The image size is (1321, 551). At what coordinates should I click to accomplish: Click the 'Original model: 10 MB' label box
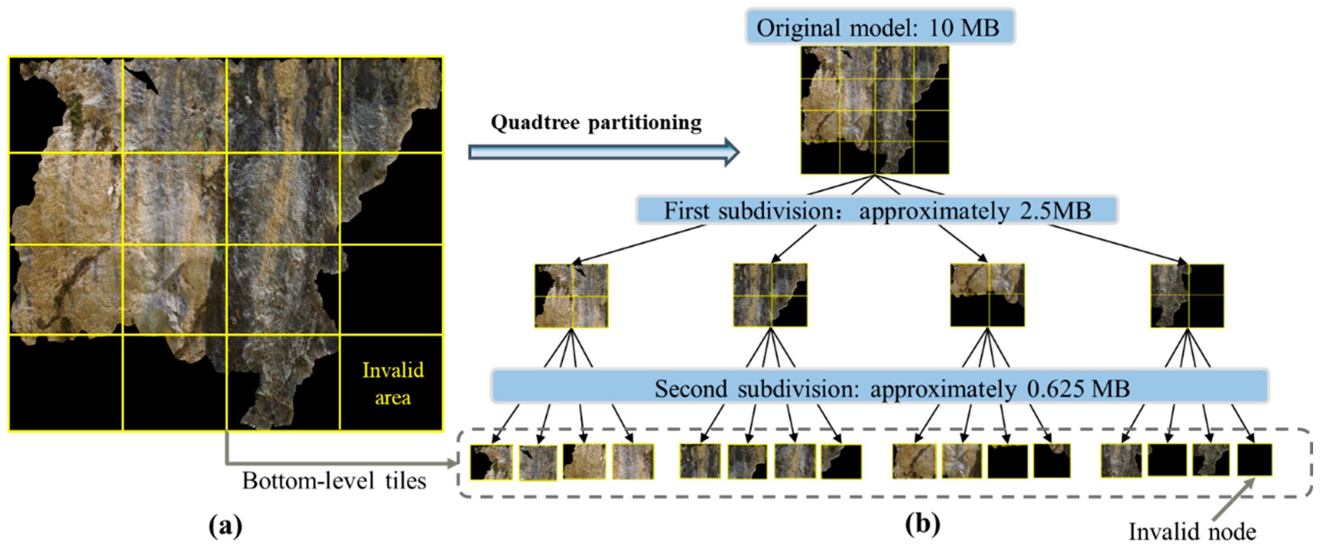tap(879, 27)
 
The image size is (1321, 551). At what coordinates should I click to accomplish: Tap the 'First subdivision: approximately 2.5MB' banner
tap(876, 210)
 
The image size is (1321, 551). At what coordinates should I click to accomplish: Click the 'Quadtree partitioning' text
tap(596, 122)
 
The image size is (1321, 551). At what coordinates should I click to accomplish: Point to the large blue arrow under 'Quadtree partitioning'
tap(603, 152)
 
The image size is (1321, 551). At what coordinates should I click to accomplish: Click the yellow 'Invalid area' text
tap(393, 384)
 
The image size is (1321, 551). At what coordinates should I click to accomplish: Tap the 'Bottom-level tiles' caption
tap(334, 481)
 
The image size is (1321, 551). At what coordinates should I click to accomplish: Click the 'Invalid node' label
tap(1192, 531)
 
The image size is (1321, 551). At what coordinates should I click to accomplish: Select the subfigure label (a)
tap(226, 525)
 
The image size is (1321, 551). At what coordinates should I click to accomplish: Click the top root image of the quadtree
tap(875, 110)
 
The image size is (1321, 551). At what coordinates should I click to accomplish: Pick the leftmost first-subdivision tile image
tap(571, 296)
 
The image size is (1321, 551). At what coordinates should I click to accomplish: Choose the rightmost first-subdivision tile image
tap(1187, 296)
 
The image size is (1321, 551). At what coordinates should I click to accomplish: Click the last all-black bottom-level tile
tap(1255, 460)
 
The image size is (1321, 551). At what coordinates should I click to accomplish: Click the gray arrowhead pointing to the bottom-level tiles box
tap(451, 464)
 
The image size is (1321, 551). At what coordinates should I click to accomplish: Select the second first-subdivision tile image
tap(770, 295)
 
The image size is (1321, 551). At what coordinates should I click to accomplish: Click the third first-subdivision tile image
tap(987, 295)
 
